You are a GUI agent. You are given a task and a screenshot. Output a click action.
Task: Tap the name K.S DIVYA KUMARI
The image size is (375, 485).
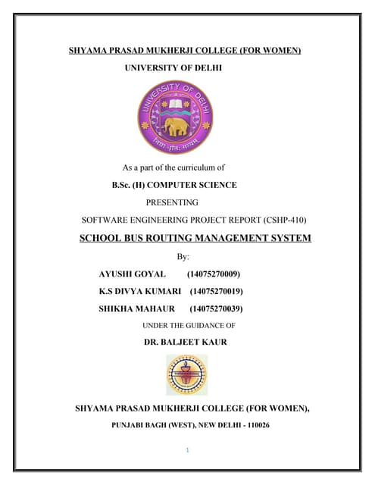(x=139, y=291)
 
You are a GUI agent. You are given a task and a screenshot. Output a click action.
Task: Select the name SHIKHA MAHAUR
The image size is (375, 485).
(x=136, y=308)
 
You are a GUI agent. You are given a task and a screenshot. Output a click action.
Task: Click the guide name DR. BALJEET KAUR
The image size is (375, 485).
(x=185, y=342)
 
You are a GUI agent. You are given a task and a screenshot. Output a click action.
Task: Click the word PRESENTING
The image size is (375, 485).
(x=172, y=202)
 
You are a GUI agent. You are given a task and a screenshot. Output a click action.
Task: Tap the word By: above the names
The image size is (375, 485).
(x=183, y=257)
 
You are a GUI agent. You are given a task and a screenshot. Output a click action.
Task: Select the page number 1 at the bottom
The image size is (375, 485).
(x=187, y=450)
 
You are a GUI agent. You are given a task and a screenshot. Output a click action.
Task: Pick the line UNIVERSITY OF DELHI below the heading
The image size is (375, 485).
(x=173, y=68)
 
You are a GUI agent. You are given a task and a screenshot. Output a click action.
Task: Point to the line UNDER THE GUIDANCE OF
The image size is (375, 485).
(x=189, y=325)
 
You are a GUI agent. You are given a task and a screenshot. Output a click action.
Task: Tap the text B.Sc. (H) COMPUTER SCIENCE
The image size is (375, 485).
(x=174, y=185)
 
